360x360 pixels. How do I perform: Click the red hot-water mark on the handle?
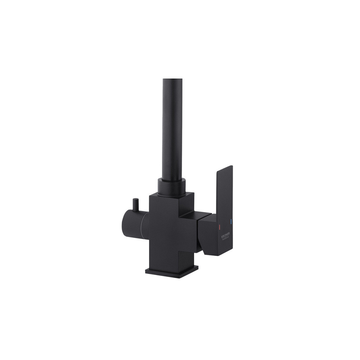point(220,226)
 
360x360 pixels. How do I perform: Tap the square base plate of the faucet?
point(172,272)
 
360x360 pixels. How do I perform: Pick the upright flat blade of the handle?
point(224,191)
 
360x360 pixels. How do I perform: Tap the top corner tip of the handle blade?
point(231,167)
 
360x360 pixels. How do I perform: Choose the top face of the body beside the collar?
point(189,196)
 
